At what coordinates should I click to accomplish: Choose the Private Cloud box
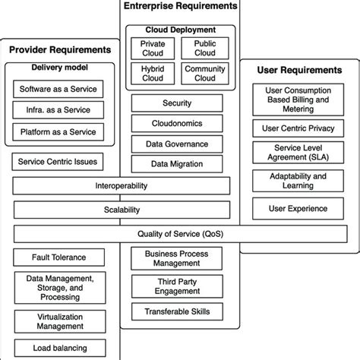pos(153,49)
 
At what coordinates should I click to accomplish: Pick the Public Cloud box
pos(204,49)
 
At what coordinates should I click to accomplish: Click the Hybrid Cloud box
pos(153,74)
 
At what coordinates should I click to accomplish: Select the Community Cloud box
pos(204,74)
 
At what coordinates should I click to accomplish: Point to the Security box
pos(178,103)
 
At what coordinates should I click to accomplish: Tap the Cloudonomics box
pos(178,122)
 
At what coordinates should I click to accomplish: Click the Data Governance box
pos(178,143)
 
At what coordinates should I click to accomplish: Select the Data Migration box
pos(178,163)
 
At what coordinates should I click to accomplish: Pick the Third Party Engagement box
pos(178,286)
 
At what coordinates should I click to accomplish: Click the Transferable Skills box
pos(178,311)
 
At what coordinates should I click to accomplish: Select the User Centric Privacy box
pos(298,127)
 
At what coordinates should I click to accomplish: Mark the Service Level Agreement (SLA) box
pos(298,152)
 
